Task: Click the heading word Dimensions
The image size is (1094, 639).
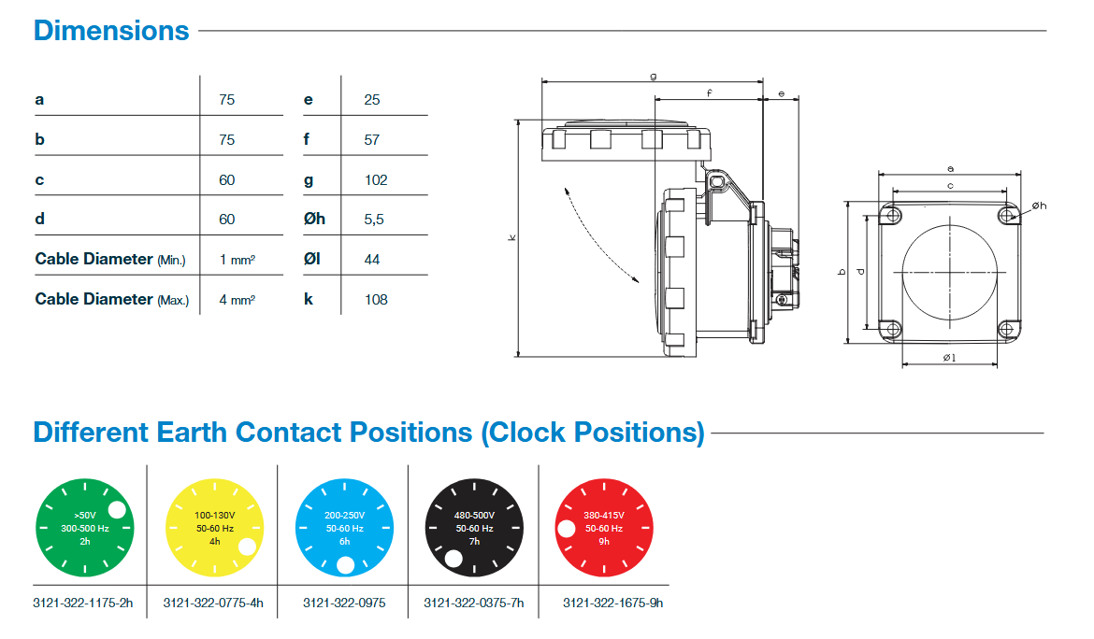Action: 111,31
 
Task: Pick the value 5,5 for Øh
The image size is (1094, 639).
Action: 374,220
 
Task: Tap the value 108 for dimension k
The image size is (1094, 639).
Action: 376,299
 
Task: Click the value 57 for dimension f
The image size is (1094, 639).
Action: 372,140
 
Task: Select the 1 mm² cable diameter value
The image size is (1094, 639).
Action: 238,260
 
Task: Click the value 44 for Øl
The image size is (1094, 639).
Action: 372,259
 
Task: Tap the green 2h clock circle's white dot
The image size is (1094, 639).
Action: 117,509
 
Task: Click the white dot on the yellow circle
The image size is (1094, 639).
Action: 247,547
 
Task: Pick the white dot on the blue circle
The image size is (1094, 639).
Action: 345,564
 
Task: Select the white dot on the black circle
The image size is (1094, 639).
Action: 453,560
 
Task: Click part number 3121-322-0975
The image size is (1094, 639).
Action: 344,603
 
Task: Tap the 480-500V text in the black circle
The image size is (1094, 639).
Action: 474,515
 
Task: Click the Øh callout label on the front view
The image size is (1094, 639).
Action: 1039,206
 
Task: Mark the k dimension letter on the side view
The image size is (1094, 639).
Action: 511,239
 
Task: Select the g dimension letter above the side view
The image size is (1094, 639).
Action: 653,75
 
